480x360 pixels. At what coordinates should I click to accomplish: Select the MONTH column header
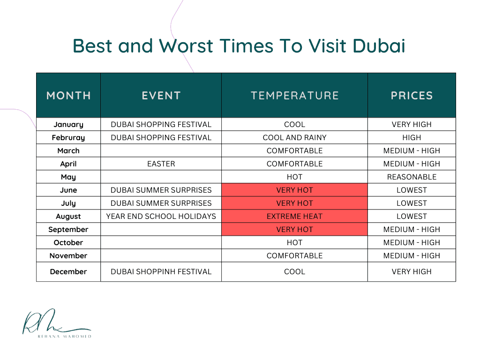click(x=68, y=95)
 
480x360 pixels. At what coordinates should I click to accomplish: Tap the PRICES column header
click(x=412, y=95)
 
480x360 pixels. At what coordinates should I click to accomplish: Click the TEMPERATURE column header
click(x=294, y=95)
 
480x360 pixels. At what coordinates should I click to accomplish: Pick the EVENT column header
click(x=161, y=95)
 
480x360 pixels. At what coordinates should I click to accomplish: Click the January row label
click(x=68, y=124)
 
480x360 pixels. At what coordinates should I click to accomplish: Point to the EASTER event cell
click(x=161, y=164)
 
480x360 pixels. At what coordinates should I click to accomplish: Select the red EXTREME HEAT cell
click(x=294, y=216)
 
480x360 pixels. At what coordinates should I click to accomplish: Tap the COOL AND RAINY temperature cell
click(x=294, y=137)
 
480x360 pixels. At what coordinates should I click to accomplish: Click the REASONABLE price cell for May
click(x=412, y=177)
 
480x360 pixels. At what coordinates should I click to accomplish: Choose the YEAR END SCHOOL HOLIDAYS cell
click(x=161, y=216)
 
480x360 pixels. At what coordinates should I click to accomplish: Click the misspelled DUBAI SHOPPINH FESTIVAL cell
click(x=161, y=271)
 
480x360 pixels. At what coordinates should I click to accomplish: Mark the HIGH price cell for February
click(x=412, y=137)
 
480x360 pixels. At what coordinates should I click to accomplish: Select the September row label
click(x=68, y=229)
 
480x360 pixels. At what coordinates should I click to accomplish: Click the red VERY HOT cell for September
click(x=294, y=229)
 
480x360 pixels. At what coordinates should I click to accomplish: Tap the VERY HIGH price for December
click(x=412, y=271)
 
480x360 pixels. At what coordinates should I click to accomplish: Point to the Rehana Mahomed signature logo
click(x=56, y=323)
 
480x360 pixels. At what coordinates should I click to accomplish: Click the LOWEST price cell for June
click(x=412, y=190)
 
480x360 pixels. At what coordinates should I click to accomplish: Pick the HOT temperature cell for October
click(x=294, y=242)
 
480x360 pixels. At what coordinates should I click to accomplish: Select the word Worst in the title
click(x=186, y=46)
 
